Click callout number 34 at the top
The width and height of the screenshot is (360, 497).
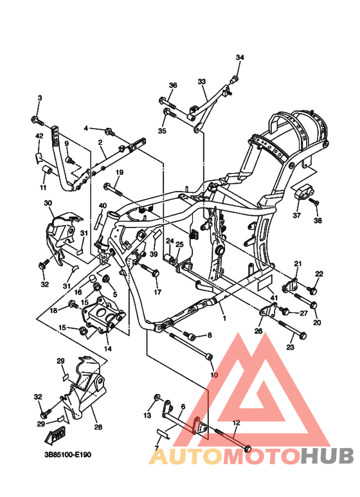tap(240, 58)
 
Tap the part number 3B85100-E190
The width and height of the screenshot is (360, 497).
tap(67, 455)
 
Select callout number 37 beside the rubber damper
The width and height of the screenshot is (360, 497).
tap(296, 216)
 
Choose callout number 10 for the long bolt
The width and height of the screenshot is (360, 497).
tap(214, 375)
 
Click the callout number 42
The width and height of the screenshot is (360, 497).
tap(39, 136)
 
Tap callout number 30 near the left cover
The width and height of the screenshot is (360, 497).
tap(48, 203)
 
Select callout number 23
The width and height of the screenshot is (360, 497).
tap(290, 347)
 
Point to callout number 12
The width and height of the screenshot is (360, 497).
tap(236, 423)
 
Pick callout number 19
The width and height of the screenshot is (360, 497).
tap(119, 172)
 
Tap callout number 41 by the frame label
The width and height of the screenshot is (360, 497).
tap(273, 298)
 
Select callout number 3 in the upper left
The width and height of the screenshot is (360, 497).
tap(39, 98)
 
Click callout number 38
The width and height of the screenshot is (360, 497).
tap(317, 221)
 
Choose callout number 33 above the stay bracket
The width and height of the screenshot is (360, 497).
tap(201, 82)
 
